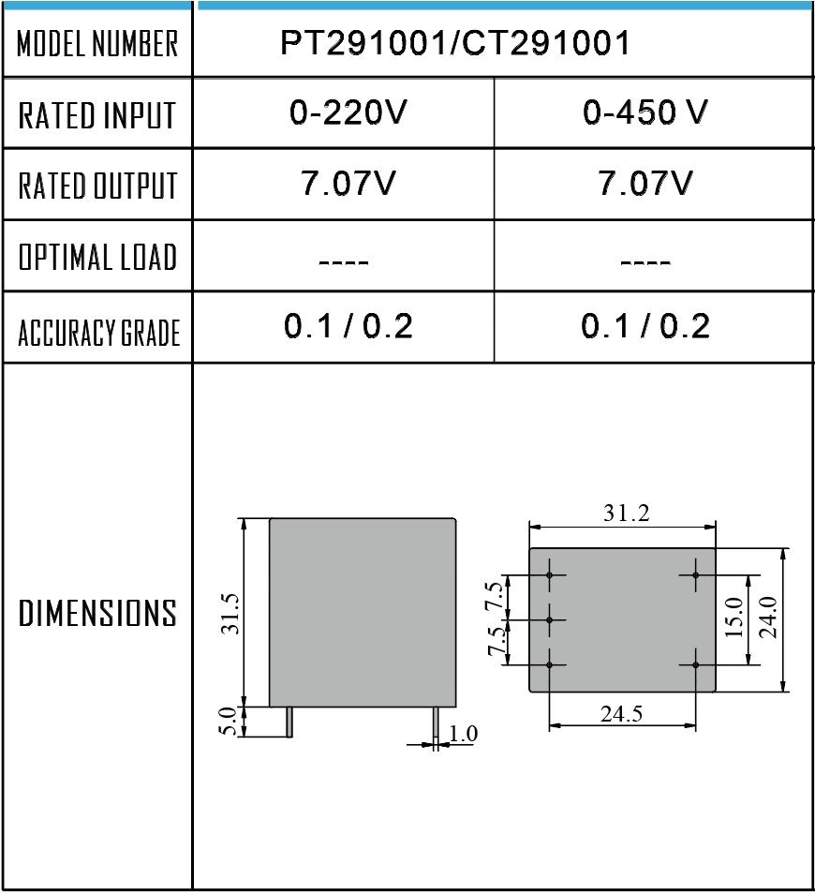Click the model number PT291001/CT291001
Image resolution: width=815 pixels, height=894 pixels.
click(454, 43)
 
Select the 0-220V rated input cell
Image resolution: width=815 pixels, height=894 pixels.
click(348, 112)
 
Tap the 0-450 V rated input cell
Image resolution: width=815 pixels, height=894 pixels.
click(645, 112)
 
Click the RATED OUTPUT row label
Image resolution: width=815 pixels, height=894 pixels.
click(97, 186)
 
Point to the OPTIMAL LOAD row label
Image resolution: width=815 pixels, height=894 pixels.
click(97, 257)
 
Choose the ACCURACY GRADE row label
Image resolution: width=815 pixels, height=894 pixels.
click(98, 333)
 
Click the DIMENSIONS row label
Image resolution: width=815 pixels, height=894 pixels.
click(97, 613)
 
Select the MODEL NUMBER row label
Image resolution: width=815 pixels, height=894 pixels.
click(97, 43)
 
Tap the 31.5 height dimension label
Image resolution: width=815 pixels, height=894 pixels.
click(231, 614)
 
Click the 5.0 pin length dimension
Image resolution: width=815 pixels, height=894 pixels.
click(229, 722)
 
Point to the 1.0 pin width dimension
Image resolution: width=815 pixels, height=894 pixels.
click(463, 733)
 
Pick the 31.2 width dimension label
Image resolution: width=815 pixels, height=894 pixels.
click(627, 514)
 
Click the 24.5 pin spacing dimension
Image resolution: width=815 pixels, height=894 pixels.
click(621, 713)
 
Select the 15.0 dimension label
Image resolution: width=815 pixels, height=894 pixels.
click(734, 618)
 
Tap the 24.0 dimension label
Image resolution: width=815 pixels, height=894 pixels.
click(769, 618)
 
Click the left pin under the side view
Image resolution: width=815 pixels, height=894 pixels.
click(289, 723)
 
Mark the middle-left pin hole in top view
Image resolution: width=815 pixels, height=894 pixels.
click(549, 619)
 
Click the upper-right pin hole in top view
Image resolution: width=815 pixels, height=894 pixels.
click(695, 575)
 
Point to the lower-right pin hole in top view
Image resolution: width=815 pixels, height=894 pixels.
click(695, 664)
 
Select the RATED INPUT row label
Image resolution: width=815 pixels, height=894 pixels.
click(96, 115)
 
